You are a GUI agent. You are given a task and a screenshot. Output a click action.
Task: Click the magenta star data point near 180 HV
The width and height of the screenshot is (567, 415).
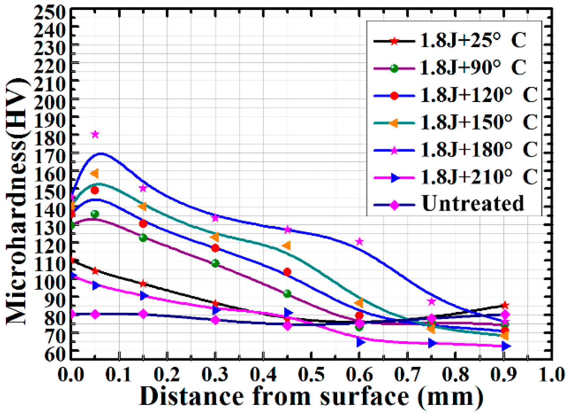click(95, 134)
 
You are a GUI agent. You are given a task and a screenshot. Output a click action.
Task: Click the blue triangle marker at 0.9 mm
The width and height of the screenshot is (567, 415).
click(505, 346)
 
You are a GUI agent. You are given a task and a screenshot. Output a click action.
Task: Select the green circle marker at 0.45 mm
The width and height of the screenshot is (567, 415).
click(287, 294)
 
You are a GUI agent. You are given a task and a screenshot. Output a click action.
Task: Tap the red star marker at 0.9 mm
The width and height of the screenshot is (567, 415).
click(505, 305)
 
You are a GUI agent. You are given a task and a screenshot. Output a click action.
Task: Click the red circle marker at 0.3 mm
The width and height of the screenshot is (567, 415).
click(215, 248)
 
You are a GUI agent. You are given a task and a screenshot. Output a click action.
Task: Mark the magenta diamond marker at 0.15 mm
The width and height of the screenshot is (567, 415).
click(143, 314)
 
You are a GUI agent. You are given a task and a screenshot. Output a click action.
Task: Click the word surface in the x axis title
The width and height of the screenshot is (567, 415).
click(364, 396)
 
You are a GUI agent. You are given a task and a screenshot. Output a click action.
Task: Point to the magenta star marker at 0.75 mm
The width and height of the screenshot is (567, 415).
click(432, 302)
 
